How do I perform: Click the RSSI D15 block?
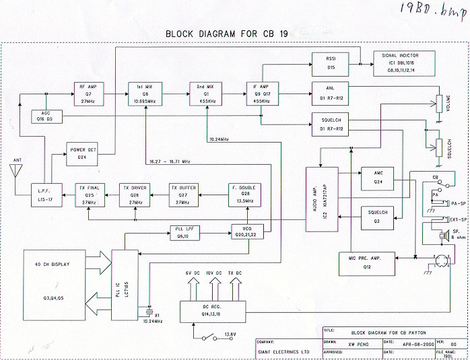tap(330, 63)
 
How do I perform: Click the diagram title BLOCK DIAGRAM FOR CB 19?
tap(236, 33)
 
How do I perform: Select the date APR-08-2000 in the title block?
tap(411, 341)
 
